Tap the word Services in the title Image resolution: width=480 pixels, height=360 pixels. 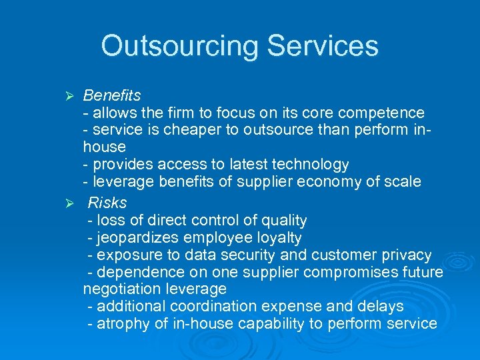(323, 46)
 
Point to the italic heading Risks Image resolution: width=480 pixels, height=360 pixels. (107, 203)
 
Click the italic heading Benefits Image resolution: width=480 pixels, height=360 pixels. (111, 96)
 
